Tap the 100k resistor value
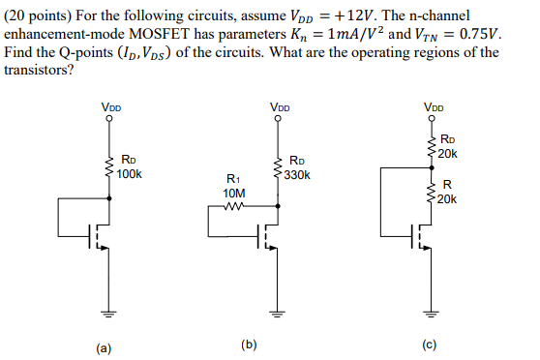pos(129,174)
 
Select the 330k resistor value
pos(297,175)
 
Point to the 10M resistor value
pos(233,193)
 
